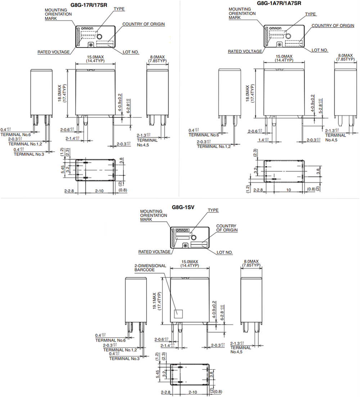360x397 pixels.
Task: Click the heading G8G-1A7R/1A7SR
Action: click(279, 3)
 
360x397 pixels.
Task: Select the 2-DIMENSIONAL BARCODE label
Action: click(150, 268)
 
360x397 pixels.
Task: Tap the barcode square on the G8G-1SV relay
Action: click(178, 313)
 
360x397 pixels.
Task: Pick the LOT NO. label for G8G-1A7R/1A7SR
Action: click(320, 50)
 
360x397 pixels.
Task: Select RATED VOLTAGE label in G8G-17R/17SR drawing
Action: click(54, 52)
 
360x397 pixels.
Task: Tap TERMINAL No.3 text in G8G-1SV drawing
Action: click(124, 359)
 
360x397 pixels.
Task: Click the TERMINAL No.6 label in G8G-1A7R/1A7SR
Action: click(204, 135)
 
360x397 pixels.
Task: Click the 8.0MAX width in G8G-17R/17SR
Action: click(157, 57)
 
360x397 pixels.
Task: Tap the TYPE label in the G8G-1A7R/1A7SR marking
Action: click(310, 14)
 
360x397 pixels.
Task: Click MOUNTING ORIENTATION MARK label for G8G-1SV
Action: click(153, 215)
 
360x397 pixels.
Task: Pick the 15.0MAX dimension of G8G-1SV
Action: click(190, 261)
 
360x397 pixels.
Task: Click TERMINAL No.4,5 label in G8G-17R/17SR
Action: click(147, 142)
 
